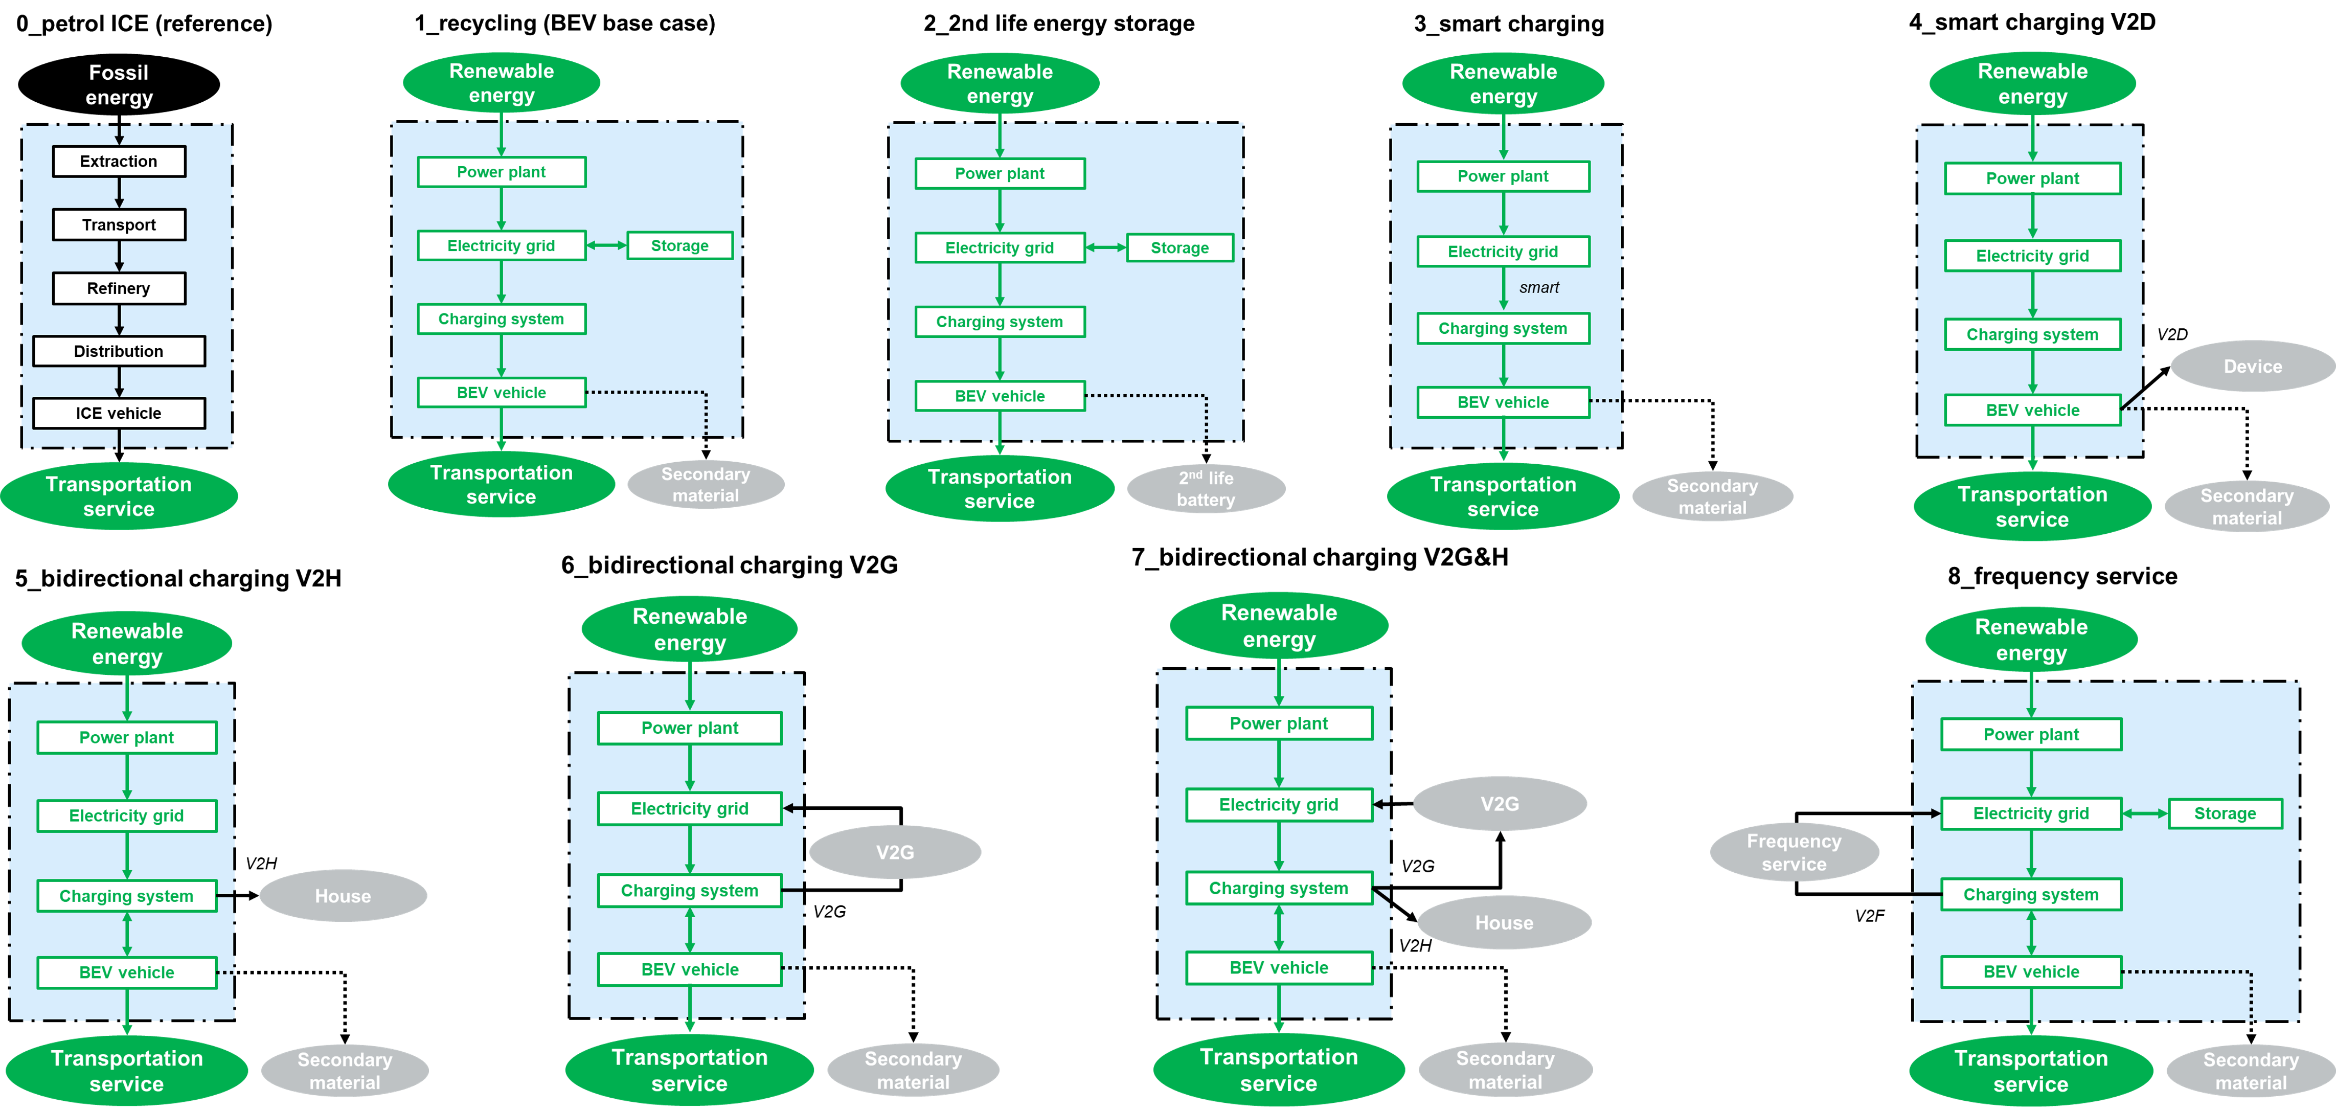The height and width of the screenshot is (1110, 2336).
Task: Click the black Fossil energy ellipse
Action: coord(119,84)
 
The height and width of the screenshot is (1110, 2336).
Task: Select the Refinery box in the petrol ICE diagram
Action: coord(119,288)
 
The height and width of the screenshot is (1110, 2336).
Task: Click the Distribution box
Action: coord(119,351)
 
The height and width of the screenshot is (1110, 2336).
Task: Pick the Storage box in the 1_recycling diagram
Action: coord(679,246)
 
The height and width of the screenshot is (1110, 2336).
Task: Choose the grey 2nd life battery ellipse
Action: coord(1206,489)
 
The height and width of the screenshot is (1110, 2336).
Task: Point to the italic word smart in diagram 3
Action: coord(1539,287)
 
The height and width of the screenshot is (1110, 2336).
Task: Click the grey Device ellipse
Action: coord(2253,367)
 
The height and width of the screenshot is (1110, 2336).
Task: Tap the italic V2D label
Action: coord(2172,334)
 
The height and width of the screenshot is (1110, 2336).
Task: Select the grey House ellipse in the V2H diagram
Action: coord(343,896)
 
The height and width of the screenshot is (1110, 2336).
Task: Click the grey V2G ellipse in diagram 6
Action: coord(895,852)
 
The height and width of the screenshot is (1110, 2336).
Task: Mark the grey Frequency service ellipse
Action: coord(1794,852)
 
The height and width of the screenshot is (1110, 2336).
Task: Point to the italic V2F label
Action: coord(1869,916)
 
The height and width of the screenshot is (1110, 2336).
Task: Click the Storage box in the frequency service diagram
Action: coord(2225,813)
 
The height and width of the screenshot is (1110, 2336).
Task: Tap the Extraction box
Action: coord(119,162)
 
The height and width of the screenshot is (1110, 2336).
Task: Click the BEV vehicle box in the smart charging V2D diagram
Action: coord(2032,410)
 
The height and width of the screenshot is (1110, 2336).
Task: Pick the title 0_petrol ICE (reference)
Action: coord(144,24)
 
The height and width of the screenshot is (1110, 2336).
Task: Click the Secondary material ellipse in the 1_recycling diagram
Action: coord(706,484)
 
